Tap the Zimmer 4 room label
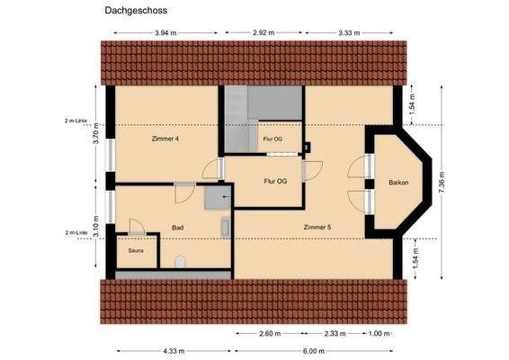[x=165, y=139]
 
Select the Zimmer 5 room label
[x=317, y=227]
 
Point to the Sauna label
[x=136, y=250]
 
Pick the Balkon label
[x=397, y=183]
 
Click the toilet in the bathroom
[x=181, y=261]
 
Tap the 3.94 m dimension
[x=165, y=32]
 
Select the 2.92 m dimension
[x=263, y=32]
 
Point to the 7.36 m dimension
[x=440, y=183]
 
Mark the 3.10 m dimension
[x=95, y=221]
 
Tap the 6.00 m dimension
[x=314, y=350]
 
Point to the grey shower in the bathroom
[x=217, y=197]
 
